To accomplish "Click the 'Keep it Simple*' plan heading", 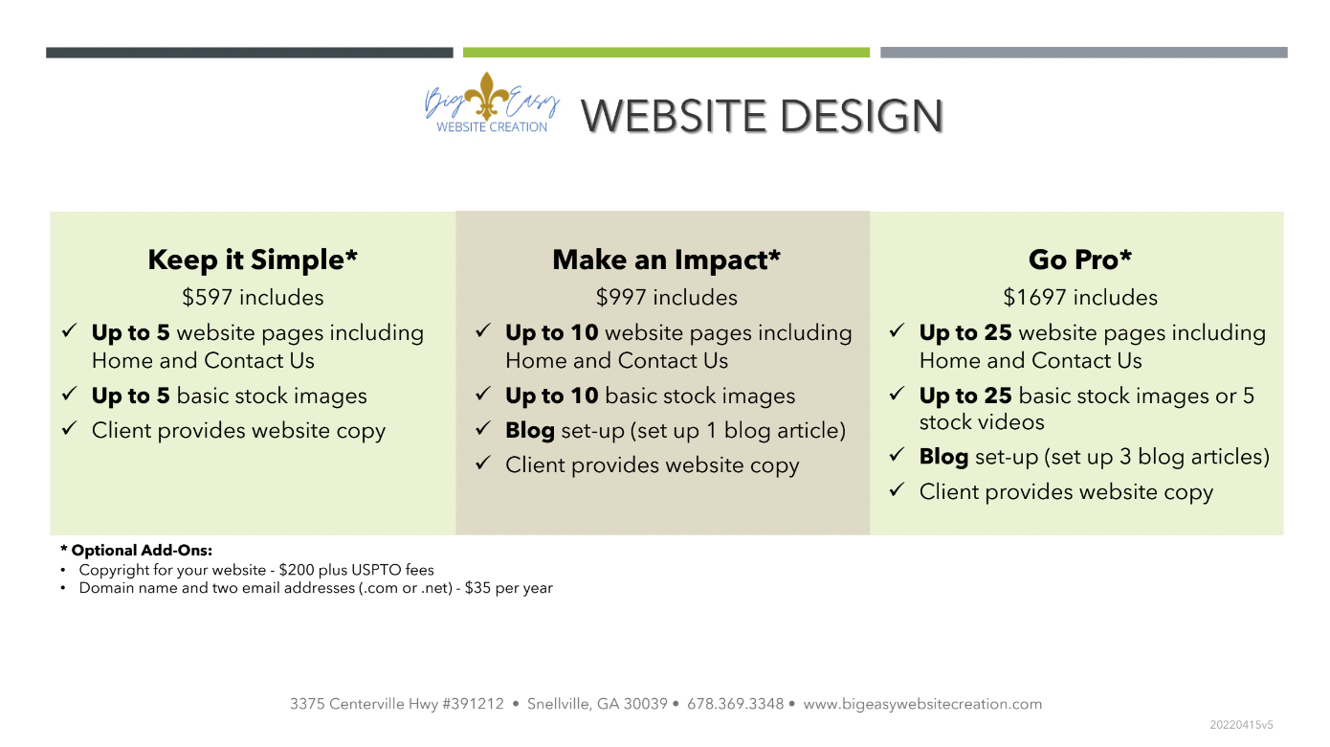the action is pos(253,260).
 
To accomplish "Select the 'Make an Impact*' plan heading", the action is pos(666,260).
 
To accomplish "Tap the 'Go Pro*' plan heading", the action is pos(1080,260).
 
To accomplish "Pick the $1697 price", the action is pos(1034,297).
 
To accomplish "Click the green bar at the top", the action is pos(666,53).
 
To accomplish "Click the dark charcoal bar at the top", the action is pos(250,53).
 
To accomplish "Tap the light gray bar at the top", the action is pos(1083,53).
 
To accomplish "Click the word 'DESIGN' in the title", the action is pos(861,115).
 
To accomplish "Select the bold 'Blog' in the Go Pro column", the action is pos(943,457).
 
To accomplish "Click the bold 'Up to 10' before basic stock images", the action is pos(551,396).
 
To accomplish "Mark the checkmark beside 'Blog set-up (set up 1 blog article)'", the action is pos(482,428).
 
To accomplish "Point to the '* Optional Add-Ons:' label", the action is pos(136,551).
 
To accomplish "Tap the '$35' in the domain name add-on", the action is pos(477,588).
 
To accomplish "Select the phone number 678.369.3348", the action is pos(735,704).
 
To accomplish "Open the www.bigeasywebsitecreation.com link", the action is pos(922,704).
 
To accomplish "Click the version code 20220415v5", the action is pos(1242,725).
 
